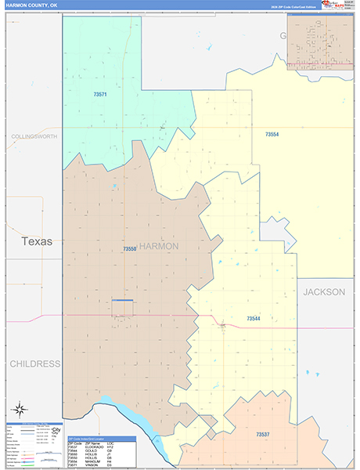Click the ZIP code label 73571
(x=100, y=95)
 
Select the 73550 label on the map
(x=130, y=249)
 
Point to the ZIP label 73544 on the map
(x=254, y=319)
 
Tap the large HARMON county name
(x=159, y=246)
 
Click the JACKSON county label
(x=324, y=291)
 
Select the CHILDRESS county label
(x=34, y=363)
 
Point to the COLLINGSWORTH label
(x=34, y=136)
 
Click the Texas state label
(x=37, y=241)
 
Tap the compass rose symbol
(x=18, y=409)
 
